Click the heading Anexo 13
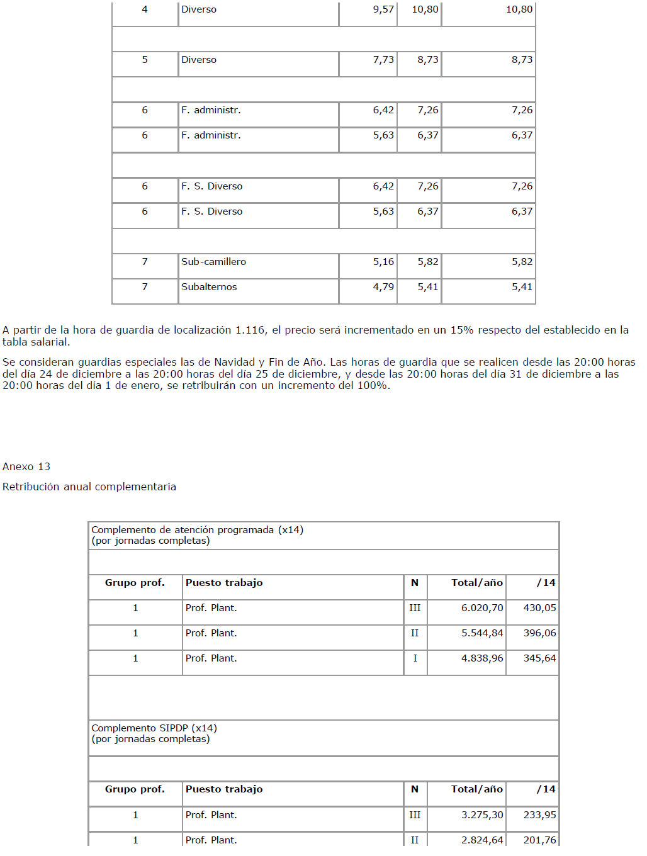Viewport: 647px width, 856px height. point(26,466)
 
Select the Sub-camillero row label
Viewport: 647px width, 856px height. point(213,262)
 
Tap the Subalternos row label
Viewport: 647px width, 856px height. point(209,287)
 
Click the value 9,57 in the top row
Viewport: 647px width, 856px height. point(383,9)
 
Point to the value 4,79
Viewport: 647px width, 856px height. point(383,287)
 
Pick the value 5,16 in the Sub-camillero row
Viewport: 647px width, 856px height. point(383,262)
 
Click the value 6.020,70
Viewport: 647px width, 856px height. point(482,608)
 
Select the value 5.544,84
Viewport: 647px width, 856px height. point(482,633)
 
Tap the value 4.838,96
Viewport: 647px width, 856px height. point(482,658)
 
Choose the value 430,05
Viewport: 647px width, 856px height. point(539,608)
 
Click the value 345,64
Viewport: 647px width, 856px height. point(539,658)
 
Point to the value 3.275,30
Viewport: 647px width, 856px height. point(482,815)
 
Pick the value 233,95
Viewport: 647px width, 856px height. point(539,815)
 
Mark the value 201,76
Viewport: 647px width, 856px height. point(539,840)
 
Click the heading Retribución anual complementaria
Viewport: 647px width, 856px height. point(89,487)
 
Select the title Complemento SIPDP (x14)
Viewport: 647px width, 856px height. point(154,728)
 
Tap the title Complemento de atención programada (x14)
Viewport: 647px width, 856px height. point(197,530)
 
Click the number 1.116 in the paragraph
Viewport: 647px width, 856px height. point(250,330)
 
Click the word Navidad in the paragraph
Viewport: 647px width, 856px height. point(234,362)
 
